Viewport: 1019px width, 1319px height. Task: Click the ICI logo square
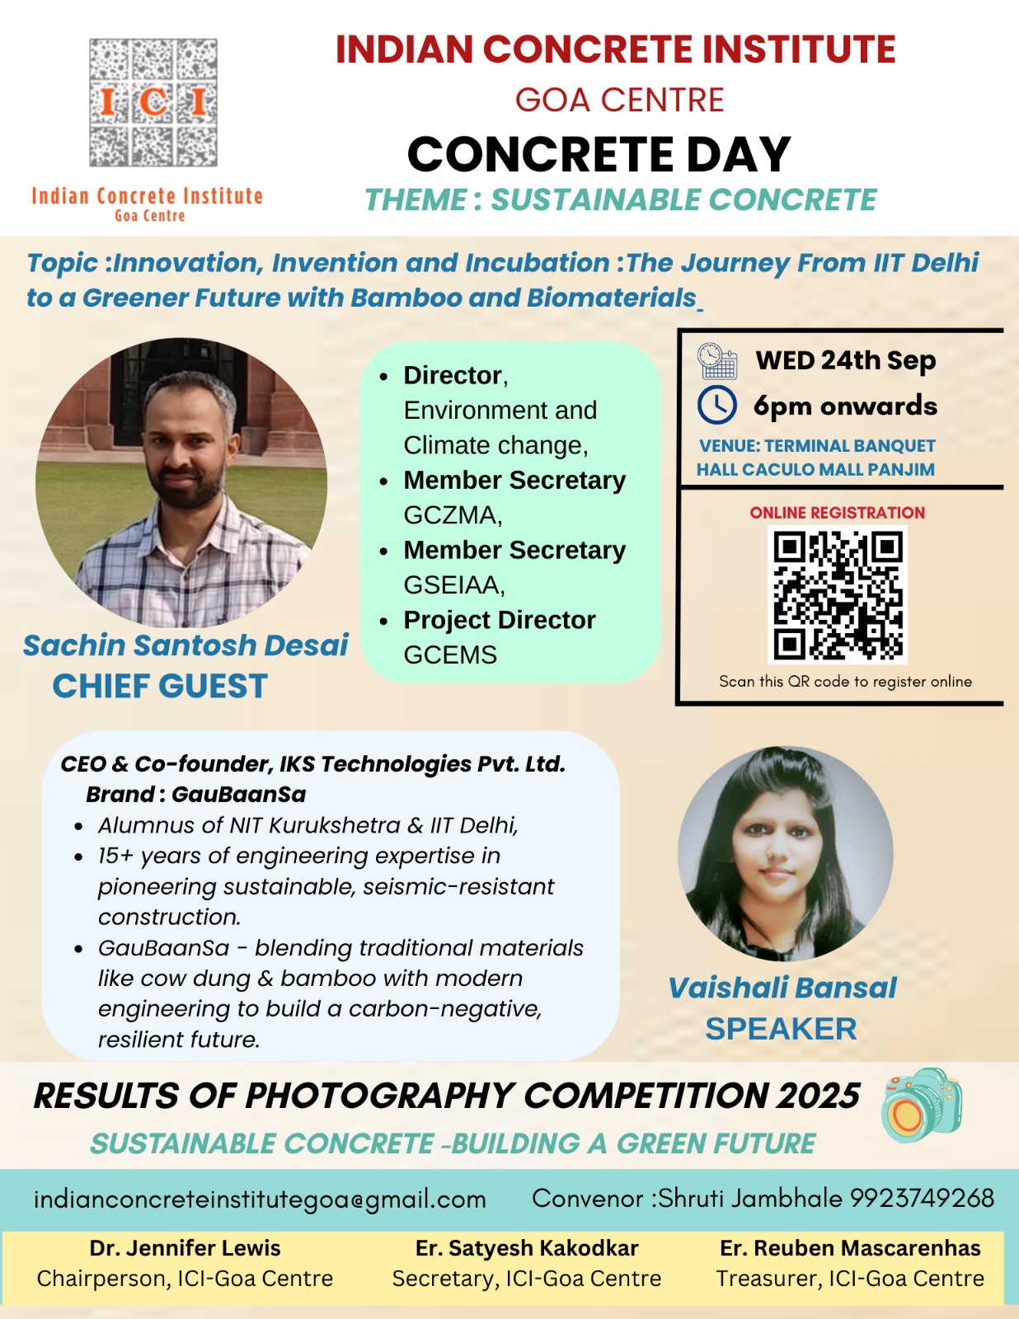153,102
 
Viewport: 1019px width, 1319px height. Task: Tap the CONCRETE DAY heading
599,154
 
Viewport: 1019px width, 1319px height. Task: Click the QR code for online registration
838,594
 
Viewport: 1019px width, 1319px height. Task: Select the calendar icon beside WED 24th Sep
716,361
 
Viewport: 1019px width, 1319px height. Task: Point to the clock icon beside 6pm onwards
716,405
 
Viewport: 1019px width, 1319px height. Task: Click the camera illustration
921,1105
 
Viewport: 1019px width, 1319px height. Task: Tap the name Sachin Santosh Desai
185,645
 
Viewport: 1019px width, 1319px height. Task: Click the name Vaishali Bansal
782,988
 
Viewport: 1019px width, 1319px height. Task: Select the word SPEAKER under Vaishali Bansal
781,1029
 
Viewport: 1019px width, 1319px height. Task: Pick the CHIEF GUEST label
160,686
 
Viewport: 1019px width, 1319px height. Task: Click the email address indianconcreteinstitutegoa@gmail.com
260,1199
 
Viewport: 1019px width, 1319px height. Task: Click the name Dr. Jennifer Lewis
185,1248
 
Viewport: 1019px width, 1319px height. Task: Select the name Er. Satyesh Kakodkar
527,1248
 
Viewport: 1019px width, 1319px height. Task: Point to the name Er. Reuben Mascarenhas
850,1248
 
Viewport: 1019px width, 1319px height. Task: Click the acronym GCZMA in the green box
452,515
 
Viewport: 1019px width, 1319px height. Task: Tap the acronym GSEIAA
453,585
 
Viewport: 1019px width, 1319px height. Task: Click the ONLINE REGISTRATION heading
837,513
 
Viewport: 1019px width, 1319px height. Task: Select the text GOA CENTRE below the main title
619,100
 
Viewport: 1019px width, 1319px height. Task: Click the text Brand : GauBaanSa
195,794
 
